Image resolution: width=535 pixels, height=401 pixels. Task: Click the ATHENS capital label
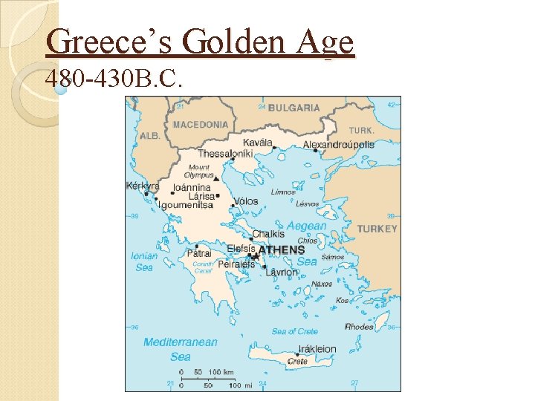click(282, 250)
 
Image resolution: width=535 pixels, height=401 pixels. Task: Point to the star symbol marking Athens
click(254, 256)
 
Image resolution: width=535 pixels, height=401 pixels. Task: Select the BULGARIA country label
click(294, 108)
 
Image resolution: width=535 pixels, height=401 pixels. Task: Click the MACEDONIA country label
click(200, 125)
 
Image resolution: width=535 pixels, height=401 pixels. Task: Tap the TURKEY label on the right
click(377, 229)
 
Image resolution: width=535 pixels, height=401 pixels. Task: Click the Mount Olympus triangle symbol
click(216, 179)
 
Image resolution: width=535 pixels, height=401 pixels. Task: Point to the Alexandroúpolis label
click(339, 145)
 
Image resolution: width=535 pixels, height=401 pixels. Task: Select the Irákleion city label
click(317, 349)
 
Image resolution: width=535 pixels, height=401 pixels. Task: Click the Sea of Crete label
click(294, 331)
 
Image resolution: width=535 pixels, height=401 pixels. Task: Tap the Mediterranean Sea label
click(181, 349)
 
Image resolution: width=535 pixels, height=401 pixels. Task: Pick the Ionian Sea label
click(144, 261)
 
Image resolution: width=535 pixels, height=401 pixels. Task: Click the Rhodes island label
click(360, 327)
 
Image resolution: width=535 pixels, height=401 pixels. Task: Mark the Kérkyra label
click(143, 186)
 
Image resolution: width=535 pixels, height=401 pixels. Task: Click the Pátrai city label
click(199, 253)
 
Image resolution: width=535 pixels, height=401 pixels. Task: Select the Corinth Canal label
click(203, 267)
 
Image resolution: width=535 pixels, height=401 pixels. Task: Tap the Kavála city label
click(258, 142)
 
